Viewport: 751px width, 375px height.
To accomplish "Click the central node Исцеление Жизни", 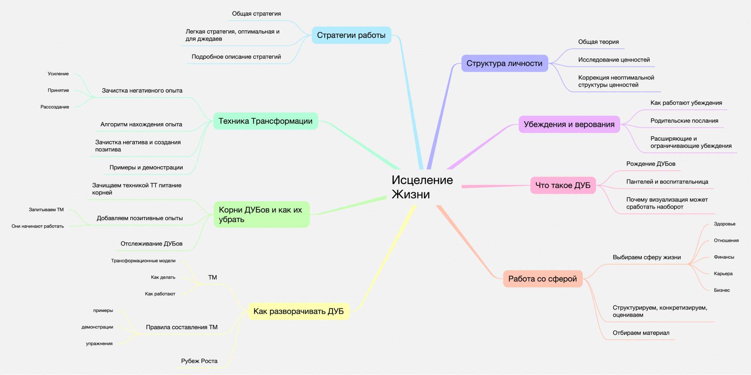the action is (x=422, y=187).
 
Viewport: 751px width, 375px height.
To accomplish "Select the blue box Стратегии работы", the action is (x=351, y=35).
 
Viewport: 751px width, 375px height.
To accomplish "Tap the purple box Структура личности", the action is (x=504, y=63).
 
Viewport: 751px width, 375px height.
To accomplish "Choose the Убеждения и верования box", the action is (x=569, y=124).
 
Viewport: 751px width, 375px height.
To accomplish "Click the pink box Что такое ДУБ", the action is (x=562, y=185).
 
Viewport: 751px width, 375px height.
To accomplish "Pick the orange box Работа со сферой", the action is (x=542, y=279).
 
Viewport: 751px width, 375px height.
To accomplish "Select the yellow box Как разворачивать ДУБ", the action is (x=299, y=311).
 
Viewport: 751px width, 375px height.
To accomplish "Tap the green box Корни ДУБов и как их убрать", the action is (x=261, y=215).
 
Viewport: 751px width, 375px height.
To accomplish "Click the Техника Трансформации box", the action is (x=265, y=121).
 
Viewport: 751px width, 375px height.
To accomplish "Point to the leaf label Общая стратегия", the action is (x=256, y=14).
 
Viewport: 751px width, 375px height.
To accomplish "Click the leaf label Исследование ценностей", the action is (x=614, y=60).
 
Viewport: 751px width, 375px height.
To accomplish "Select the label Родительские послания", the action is (x=684, y=121).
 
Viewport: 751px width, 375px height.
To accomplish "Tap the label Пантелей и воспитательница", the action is (x=667, y=182).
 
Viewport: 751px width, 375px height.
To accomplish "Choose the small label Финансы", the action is (x=724, y=257).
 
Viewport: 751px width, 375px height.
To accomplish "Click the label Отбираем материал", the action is (x=641, y=333).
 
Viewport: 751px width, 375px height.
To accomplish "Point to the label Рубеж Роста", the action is (x=199, y=361).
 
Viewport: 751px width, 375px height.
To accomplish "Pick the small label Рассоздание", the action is (x=55, y=107).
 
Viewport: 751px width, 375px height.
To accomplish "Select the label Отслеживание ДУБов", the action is (x=151, y=244).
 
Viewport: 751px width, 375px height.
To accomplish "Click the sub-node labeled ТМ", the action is (x=213, y=277).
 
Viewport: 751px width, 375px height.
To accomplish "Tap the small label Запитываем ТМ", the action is (x=46, y=210).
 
